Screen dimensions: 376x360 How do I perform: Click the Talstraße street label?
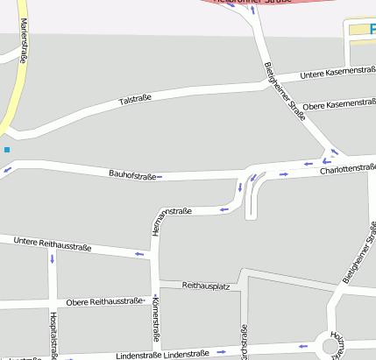point(135,102)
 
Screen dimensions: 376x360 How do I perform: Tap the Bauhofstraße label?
point(132,175)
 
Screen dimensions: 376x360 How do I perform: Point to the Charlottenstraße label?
point(348,169)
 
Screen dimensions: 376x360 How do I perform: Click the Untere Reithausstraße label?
point(52,244)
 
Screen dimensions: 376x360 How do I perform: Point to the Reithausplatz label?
point(206,286)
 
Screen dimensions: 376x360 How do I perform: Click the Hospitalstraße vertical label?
point(53,335)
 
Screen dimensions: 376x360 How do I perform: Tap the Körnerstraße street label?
point(156,321)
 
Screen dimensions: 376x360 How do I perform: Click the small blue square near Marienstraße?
point(7,150)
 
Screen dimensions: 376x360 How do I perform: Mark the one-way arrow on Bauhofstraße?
point(160,178)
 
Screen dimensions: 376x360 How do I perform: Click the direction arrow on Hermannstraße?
point(224,209)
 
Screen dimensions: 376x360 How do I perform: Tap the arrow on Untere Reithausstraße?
point(138,255)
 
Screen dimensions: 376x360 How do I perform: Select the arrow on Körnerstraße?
point(158,347)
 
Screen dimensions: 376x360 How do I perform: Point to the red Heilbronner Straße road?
point(289,4)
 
